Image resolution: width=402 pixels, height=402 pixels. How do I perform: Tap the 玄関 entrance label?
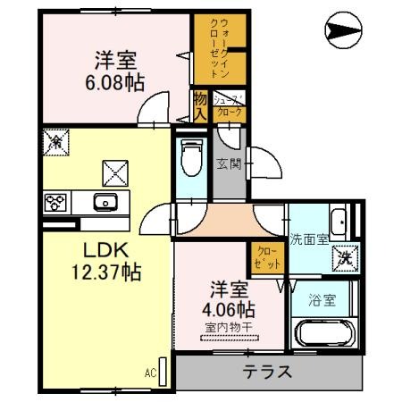(227, 163)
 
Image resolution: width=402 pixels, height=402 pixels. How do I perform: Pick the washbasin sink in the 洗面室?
(339, 219)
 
